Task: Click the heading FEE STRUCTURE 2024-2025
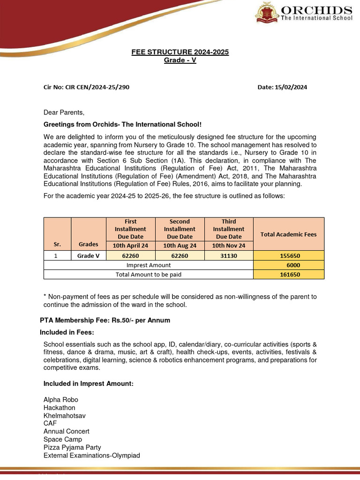click(180, 52)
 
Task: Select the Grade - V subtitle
click(180, 60)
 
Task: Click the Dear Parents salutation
click(64, 112)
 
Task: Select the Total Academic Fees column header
click(288, 234)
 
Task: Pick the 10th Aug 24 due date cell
click(180, 245)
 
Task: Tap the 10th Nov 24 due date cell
click(229, 245)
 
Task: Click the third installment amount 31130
click(229, 256)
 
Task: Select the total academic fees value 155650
click(288, 256)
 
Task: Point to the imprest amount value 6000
click(288, 265)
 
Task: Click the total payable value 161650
click(288, 275)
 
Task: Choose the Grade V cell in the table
click(89, 256)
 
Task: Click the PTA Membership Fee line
click(105, 320)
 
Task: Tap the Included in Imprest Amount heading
click(89, 383)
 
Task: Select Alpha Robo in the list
click(61, 400)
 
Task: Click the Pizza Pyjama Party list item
click(72, 447)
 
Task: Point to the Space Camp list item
click(63, 439)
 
